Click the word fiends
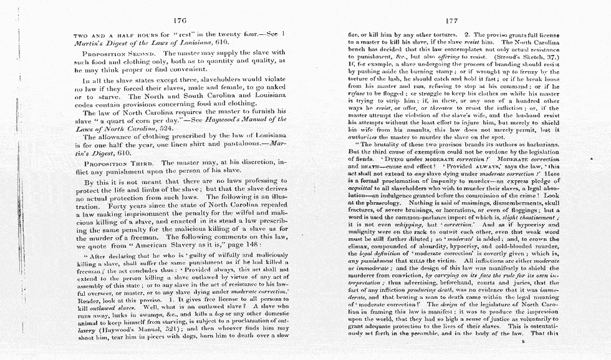363,160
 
